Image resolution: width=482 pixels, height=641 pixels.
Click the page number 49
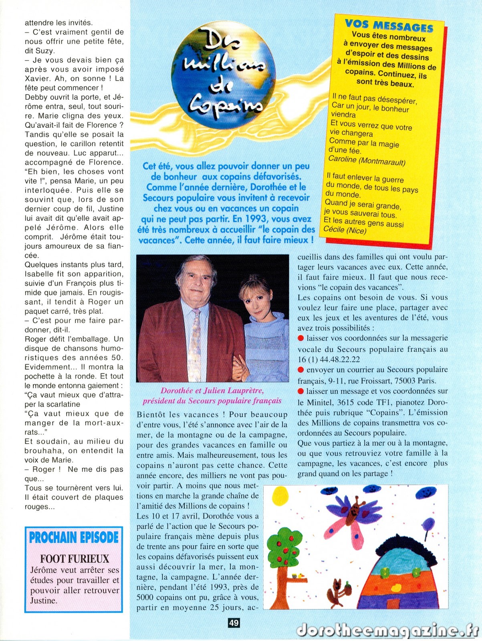234,623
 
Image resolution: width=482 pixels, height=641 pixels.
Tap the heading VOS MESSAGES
389,25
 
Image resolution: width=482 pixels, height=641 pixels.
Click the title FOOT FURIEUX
75,558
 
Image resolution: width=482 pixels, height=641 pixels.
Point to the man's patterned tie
195,345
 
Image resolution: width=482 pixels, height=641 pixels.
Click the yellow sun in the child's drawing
280,496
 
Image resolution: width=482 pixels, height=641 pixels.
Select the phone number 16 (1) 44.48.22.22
329,360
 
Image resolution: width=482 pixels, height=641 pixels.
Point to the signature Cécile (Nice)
345,230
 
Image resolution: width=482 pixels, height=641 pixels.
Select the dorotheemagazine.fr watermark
387,630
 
